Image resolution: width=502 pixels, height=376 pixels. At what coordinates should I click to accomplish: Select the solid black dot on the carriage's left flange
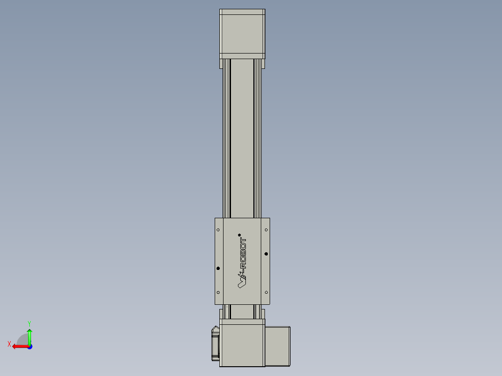point(218,268)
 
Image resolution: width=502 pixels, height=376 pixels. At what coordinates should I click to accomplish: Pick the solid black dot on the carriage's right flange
point(266,254)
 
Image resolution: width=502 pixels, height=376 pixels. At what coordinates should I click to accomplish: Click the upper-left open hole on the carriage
point(218,229)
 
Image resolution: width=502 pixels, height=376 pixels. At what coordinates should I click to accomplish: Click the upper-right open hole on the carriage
point(266,229)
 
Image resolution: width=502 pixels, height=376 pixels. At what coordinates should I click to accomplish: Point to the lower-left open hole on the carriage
point(218,292)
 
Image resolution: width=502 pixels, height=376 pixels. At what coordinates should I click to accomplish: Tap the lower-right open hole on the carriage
point(266,292)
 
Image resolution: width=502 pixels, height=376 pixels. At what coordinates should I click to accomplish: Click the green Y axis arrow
point(29,335)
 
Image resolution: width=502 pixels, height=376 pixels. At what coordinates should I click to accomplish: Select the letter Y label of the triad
point(29,322)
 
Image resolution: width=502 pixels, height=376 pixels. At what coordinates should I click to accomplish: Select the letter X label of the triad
point(9,344)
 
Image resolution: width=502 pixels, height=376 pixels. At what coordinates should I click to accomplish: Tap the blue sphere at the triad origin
point(29,346)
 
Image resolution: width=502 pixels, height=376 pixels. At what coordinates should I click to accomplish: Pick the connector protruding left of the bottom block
point(215,343)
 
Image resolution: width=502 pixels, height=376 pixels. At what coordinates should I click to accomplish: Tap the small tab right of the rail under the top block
point(263,64)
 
